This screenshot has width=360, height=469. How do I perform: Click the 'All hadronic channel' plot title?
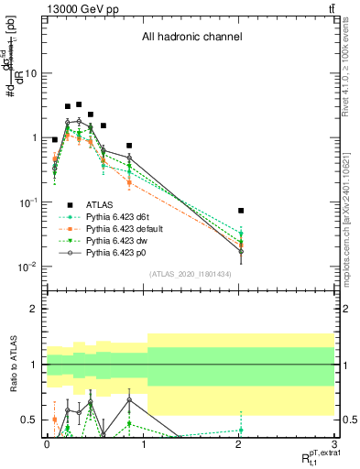[191, 38]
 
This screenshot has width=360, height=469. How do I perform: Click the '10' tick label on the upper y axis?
[32, 73]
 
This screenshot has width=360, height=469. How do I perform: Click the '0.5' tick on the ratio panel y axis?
[30, 420]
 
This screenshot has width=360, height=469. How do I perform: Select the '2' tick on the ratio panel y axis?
[35, 309]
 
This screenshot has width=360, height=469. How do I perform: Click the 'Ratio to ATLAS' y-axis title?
[12, 363]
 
